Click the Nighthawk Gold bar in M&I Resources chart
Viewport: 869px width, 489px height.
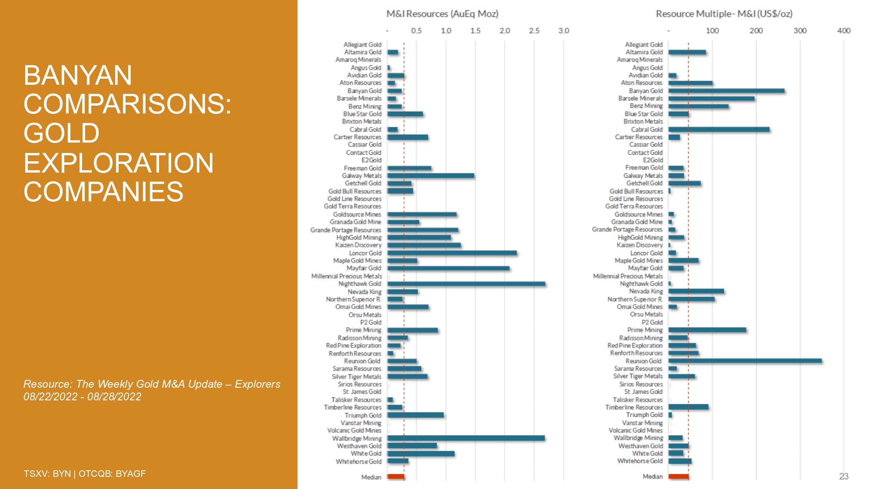466,284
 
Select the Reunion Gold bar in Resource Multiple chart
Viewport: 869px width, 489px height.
745,361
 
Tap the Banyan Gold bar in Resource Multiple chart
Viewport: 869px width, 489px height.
726,91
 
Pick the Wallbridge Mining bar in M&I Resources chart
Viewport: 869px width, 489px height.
466,438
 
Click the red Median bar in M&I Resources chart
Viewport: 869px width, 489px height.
396,477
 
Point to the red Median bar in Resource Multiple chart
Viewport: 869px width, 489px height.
678,477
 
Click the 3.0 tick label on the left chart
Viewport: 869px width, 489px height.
564,31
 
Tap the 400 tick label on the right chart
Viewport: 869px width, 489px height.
844,31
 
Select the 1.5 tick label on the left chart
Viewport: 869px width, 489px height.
475,31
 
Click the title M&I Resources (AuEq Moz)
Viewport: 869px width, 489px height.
442,14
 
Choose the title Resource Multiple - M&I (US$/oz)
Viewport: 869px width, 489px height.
724,14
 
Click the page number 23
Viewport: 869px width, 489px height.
844,476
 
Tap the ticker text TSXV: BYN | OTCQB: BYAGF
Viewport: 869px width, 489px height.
85,474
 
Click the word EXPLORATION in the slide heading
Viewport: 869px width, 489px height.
119,163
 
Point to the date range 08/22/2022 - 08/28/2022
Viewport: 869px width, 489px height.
83,397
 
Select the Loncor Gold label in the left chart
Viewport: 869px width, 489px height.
365,253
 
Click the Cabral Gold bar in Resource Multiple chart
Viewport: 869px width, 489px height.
719,130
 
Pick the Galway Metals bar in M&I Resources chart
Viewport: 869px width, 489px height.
431,176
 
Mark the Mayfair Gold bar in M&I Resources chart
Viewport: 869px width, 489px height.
448,268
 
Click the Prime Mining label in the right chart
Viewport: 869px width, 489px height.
645,330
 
